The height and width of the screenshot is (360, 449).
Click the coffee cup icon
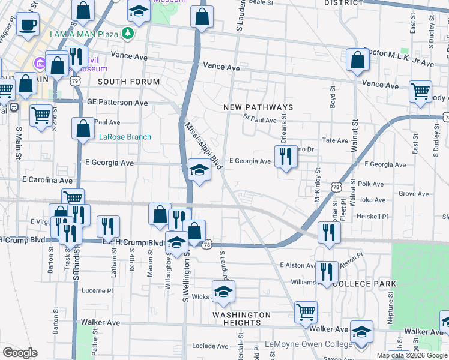27,25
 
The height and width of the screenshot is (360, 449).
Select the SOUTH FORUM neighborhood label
128,82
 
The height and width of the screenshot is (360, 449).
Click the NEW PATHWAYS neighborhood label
258,107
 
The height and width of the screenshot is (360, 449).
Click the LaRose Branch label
125,137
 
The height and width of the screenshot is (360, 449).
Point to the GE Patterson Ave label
117,103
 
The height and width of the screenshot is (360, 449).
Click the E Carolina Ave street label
47,180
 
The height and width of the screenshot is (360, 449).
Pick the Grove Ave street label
414,194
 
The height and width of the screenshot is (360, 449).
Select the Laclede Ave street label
211,346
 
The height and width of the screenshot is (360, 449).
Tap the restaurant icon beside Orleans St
286,157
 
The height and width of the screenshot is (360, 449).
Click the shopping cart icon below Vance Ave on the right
420,92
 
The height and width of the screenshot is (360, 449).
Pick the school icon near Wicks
223,292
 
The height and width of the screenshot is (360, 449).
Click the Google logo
20,353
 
